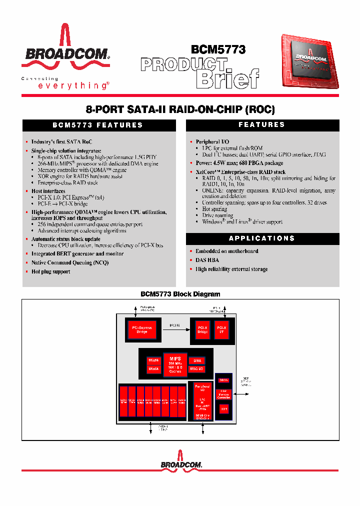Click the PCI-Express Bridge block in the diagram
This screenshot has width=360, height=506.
142,329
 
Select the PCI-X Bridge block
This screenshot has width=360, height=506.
202,329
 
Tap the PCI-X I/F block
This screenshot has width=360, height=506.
221,329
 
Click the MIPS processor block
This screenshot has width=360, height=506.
174,364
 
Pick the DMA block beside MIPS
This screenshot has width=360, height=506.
196,360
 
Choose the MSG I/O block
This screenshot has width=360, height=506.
196,369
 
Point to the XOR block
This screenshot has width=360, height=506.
224,408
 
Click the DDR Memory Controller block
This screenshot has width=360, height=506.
224,395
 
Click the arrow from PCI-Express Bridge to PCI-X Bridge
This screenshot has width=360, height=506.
175,328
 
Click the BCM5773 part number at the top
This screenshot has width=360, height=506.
218,49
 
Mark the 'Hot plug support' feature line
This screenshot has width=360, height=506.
50,271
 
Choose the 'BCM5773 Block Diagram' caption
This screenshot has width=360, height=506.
180,294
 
